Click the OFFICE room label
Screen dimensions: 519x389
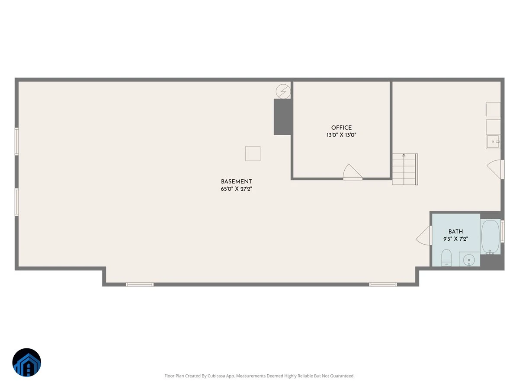pyautogui.click(x=341, y=128)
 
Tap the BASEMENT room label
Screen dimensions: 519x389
pyautogui.click(x=236, y=182)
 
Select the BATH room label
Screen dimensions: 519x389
pyautogui.click(x=455, y=232)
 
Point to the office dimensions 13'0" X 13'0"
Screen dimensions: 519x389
pyautogui.click(x=341, y=135)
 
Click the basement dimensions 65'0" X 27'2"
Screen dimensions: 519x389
pyautogui.click(x=236, y=189)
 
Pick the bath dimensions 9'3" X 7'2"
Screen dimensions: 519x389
pyautogui.click(x=455, y=239)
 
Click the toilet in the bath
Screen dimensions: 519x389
pyautogui.click(x=446, y=258)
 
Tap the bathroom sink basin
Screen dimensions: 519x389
pyautogui.click(x=469, y=261)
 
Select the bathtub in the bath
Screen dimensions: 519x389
pyautogui.click(x=490, y=237)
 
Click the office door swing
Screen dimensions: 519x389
pyautogui.click(x=352, y=172)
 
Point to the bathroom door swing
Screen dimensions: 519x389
pyautogui.click(x=424, y=236)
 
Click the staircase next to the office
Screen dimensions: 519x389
pyautogui.click(x=405, y=169)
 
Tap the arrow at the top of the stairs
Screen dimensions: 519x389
pyautogui.click(x=404, y=155)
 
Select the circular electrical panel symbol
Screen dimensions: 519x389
pyautogui.click(x=283, y=91)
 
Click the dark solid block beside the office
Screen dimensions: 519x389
pyautogui.click(x=282, y=117)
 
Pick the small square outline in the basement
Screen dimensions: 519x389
pyautogui.click(x=253, y=153)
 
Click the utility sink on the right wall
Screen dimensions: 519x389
pyautogui.click(x=493, y=141)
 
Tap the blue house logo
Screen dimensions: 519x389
pyautogui.click(x=27, y=362)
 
